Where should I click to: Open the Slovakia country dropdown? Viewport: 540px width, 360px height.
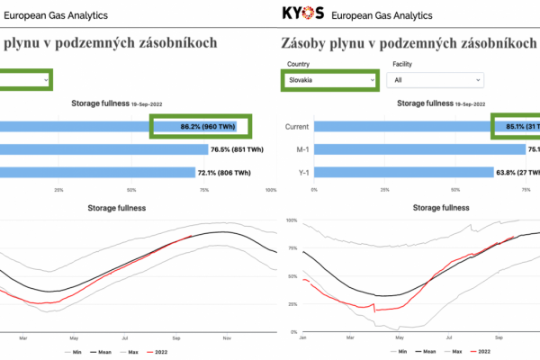point(328,80)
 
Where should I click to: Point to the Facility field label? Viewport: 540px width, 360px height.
point(404,65)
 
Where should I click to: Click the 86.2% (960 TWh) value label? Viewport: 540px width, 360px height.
point(202,127)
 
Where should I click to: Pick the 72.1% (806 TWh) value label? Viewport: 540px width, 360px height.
point(221,173)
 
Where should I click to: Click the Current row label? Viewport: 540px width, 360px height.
point(297,127)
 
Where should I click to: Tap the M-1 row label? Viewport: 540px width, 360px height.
point(302,150)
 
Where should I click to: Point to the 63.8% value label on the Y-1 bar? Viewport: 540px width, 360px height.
point(517,173)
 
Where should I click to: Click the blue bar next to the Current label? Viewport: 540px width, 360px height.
point(400,127)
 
